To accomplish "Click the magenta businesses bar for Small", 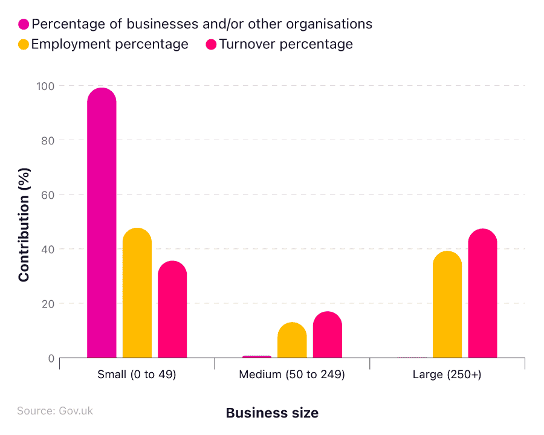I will point(102,224).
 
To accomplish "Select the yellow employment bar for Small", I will point(137,293).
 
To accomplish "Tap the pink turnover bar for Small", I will point(172,309).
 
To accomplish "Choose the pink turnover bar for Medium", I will point(327,335).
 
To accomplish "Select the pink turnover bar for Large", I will point(482,294).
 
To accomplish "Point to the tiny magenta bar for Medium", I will point(257,356).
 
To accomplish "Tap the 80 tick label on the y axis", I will point(47,140).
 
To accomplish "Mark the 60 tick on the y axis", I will point(47,195).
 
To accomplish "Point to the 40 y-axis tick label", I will point(47,249).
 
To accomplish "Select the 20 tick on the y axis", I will point(47,303).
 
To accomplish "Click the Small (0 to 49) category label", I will point(137,375).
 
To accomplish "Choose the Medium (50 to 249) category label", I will point(292,375).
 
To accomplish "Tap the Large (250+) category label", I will point(447,375).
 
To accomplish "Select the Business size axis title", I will point(272,413).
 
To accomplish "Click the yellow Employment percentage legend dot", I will point(24,45).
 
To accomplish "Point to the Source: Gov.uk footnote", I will point(55,411).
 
